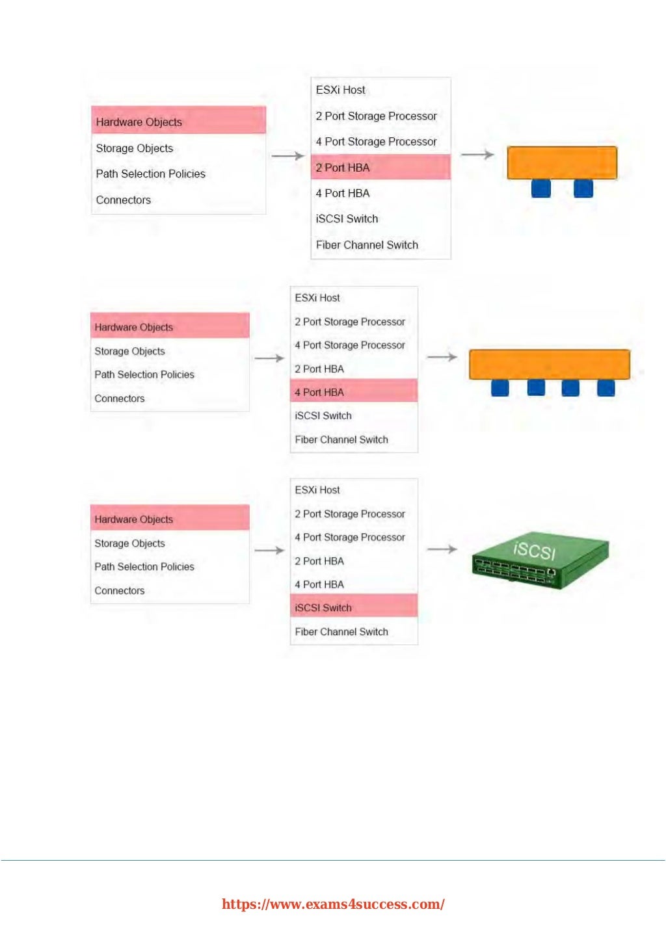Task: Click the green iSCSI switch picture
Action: point(540,559)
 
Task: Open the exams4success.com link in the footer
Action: point(333,904)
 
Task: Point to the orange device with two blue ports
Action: point(561,163)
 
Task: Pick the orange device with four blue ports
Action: point(549,365)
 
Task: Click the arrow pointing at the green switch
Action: point(442,549)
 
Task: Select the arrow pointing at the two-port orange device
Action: point(477,155)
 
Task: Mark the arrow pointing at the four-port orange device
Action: point(442,357)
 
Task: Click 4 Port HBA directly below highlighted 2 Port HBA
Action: point(343,193)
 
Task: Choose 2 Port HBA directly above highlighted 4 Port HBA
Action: point(319,369)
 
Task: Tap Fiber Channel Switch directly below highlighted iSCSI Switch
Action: point(341,632)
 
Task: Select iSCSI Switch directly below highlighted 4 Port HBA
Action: point(323,416)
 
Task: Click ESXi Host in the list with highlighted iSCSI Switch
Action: point(317,490)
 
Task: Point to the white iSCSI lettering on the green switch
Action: point(535,551)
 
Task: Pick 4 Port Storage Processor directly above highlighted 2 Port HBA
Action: point(376,142)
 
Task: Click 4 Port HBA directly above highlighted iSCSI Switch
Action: point(319,584)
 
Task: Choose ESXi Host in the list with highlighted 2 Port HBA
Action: point(341,90)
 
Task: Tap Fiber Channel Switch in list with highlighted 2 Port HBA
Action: point(367,245)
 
